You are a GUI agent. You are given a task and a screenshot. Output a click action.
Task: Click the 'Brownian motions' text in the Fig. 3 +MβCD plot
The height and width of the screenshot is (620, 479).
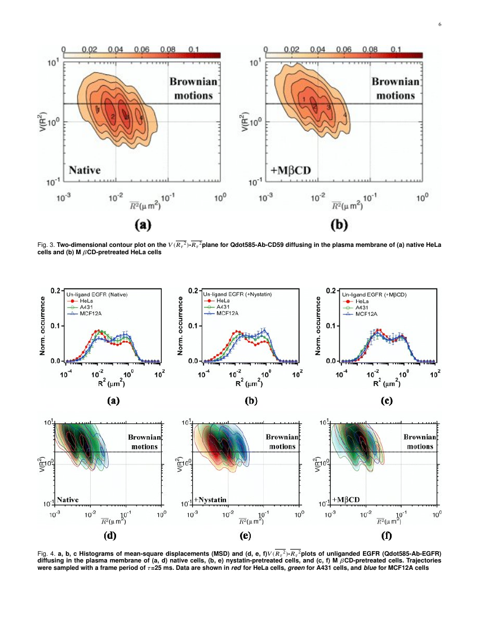pos(396,88)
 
